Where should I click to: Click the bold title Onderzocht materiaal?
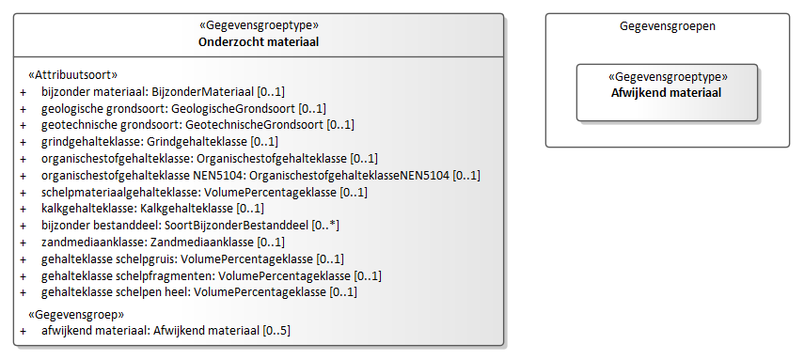(259, 42)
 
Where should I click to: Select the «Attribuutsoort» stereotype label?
(72, 75)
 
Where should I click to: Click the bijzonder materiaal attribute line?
(163, 92)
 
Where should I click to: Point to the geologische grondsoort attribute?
(183, 108)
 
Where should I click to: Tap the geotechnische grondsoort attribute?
(197, 125)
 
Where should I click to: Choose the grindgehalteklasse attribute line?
(160, 141)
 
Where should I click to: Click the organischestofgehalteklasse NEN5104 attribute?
(261, 176)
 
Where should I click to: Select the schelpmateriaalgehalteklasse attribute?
(205, 193)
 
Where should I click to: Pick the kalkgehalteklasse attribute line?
(152, 209)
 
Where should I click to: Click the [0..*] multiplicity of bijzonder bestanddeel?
(325, 226)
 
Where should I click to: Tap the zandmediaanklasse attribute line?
(163, 242)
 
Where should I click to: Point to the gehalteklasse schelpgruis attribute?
(193, 258)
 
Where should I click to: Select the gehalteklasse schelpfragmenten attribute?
(212, 276)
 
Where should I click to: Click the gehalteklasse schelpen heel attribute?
(199, 291)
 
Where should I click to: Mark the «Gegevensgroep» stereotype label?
(76, 314)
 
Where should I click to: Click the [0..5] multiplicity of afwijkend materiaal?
(276, 331)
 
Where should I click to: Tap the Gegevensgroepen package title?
(668, 26)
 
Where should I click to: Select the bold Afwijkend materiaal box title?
(667, 93)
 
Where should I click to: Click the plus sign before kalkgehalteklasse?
(24, 209)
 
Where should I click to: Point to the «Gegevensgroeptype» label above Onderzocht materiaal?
(259, 25)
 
